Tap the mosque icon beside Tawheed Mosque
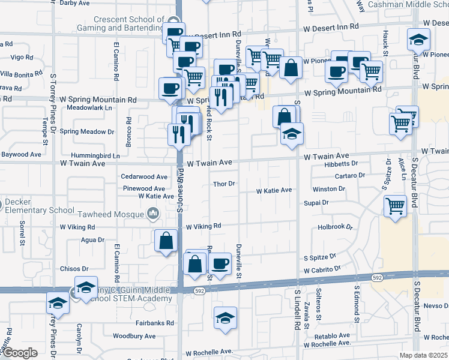[154, 213]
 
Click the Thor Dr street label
[223, 184]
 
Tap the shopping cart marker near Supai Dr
[395, 206]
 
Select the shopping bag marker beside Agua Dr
[166, 241]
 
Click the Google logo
[20, 353]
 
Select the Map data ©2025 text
[424, 355]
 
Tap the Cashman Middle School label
[414, 4]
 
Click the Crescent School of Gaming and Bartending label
[120, 23]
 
